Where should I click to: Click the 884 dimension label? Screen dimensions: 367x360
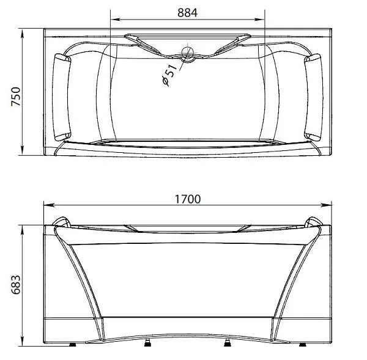187,13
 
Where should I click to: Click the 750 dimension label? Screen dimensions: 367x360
16,97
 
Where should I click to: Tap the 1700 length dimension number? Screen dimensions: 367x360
188,199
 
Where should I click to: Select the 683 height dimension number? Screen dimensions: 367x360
16,285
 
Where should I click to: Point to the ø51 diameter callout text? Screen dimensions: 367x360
169,74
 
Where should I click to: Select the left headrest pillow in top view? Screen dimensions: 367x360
62,97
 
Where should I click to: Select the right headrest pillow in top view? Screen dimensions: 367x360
314,97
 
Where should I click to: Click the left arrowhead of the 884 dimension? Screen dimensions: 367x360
116,19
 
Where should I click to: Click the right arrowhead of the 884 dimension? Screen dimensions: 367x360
259,19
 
